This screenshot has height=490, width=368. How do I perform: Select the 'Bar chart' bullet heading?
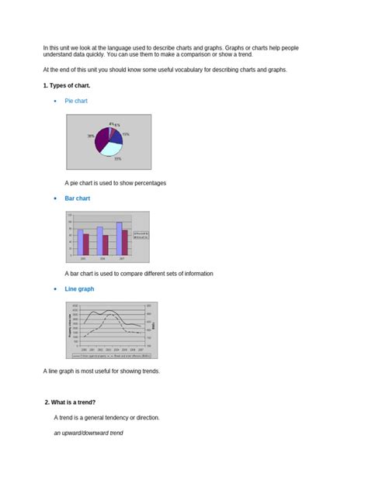click(77, 198)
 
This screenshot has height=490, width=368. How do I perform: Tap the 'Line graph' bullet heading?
click(79, 288)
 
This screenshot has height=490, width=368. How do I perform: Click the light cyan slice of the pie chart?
click(113, 147)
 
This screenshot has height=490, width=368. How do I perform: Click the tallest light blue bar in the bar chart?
click(119, 238)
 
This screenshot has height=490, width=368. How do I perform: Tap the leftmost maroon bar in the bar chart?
click(85, 244)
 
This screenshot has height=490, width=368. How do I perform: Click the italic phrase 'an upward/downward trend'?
click(89, 432)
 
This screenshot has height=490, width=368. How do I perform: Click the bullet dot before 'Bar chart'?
click(55, 199)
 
